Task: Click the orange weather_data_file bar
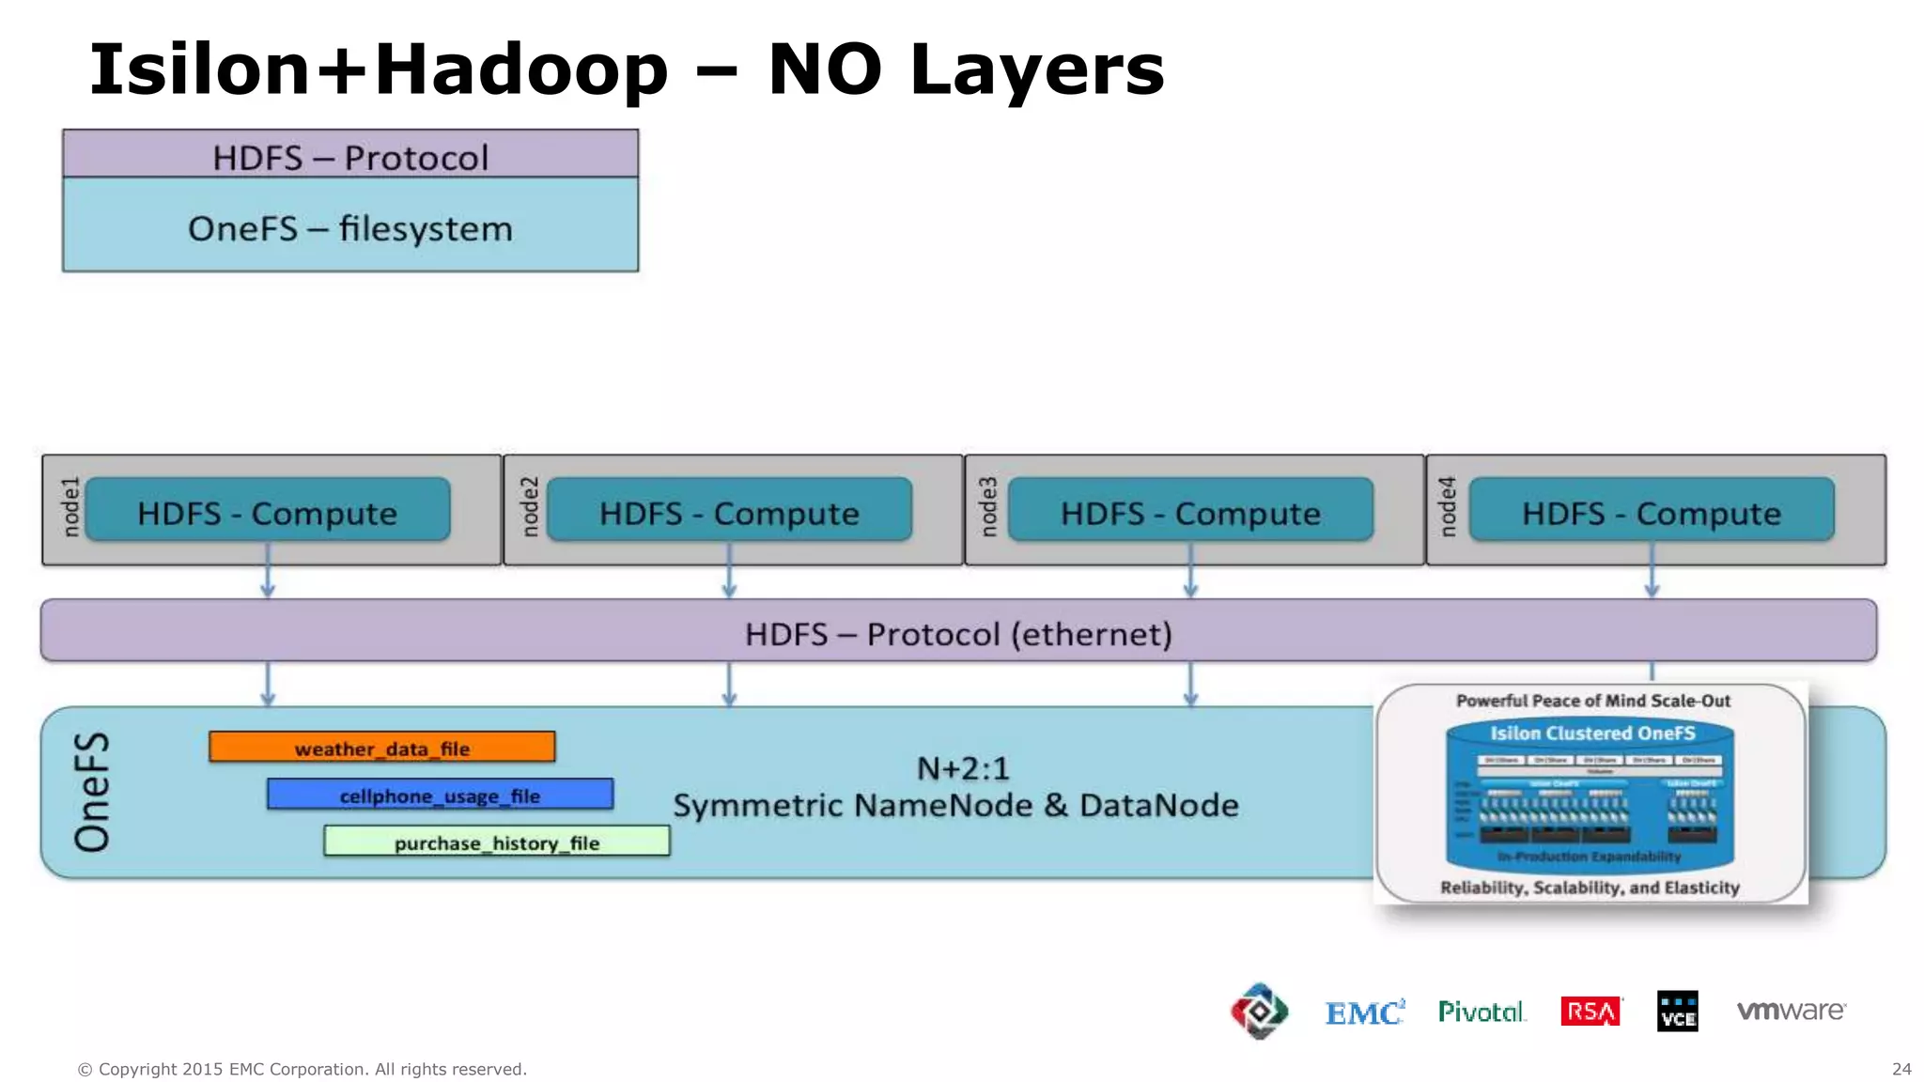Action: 381,748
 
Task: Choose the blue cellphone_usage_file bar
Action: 440,795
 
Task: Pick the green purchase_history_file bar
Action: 496,842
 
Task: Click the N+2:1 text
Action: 963,769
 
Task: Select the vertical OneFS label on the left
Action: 92,792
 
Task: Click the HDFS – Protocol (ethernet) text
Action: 958,634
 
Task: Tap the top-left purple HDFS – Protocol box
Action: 350,156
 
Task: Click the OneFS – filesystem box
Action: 350,227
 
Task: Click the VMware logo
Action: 1791,1011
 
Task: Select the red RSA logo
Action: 1590,1012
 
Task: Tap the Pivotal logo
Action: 1482,1012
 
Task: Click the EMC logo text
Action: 1364,1012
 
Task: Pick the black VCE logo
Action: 1677,1012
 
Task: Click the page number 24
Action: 1901,1069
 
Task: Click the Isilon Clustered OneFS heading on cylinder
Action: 1592,733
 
